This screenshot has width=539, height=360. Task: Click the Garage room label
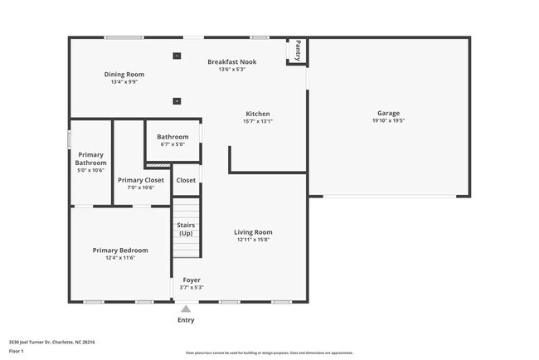pos(388,113)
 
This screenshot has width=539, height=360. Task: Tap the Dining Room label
pos(124,75)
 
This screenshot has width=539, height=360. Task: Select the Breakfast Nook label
pos(231,61)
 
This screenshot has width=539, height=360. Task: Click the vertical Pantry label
pos(298,51)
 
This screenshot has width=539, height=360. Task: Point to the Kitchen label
pos(257,114)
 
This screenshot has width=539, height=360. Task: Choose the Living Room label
pos(253,232)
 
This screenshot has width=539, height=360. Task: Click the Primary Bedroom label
pos(120,251)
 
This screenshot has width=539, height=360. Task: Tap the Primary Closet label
pos(141,180)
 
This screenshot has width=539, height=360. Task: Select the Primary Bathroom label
pos(90,158)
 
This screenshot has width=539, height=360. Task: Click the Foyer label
pos(192,280)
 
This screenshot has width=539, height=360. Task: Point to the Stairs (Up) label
pos(186,228)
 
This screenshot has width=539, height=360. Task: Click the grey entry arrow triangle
pos(186,309)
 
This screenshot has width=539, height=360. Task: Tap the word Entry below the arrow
pos(186,320)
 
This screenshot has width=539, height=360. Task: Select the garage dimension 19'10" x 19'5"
pos(388,121)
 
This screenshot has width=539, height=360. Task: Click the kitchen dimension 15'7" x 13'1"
pos(257,121)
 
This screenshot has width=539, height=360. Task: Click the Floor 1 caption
pos(17,351)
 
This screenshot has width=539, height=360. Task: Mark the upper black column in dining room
pos(177,56)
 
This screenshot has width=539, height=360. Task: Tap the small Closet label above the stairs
pos(186,180)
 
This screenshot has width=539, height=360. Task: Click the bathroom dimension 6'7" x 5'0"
pos(172,144)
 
